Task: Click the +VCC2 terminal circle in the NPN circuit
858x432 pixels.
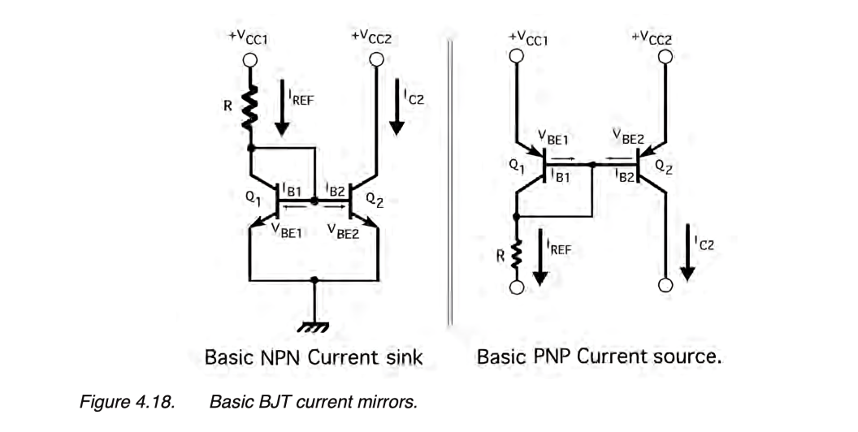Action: (375, 59)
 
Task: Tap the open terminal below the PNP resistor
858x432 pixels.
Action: (515, 288)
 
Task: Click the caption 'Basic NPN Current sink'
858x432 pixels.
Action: (314, 357)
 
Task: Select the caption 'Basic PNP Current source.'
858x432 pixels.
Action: (599, 357)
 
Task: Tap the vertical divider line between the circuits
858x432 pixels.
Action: (448, 179)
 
